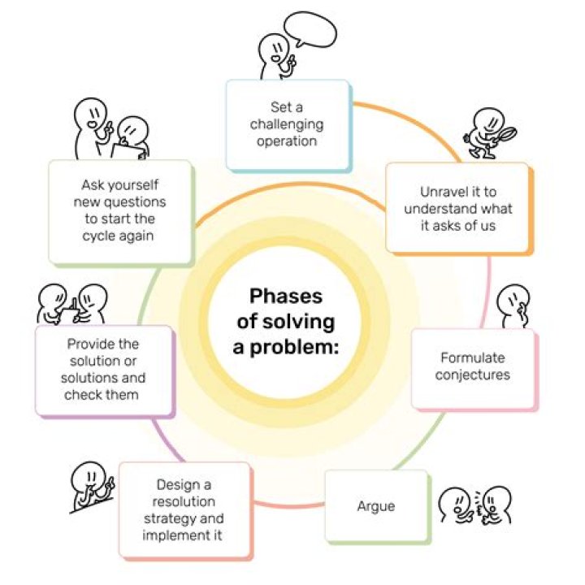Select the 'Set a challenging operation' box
click(287, 123)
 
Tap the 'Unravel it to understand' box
click(457, 207)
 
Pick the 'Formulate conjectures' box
click(472, 366)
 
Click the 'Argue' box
click(376, 506)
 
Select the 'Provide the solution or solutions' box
click(104, 369)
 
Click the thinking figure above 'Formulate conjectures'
click(513, 305)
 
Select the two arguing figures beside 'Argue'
click(475, 505)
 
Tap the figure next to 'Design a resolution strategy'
click(91, 488)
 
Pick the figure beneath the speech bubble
click(275, 58)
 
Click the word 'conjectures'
click(472, 375)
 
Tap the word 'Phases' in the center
click(285, 296)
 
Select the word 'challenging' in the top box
click(287, 124)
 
